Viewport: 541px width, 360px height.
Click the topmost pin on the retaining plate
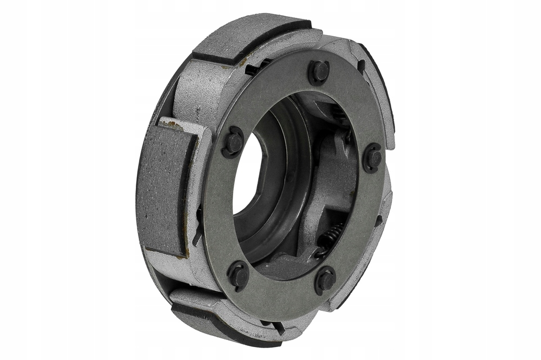319,71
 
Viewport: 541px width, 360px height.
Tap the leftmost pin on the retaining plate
234,142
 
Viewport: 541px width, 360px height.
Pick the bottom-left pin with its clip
239,275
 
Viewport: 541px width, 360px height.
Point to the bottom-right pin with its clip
326,279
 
